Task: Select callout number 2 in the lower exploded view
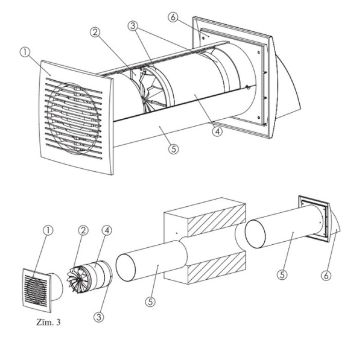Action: pyautogui.click(x=83, y=230)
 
